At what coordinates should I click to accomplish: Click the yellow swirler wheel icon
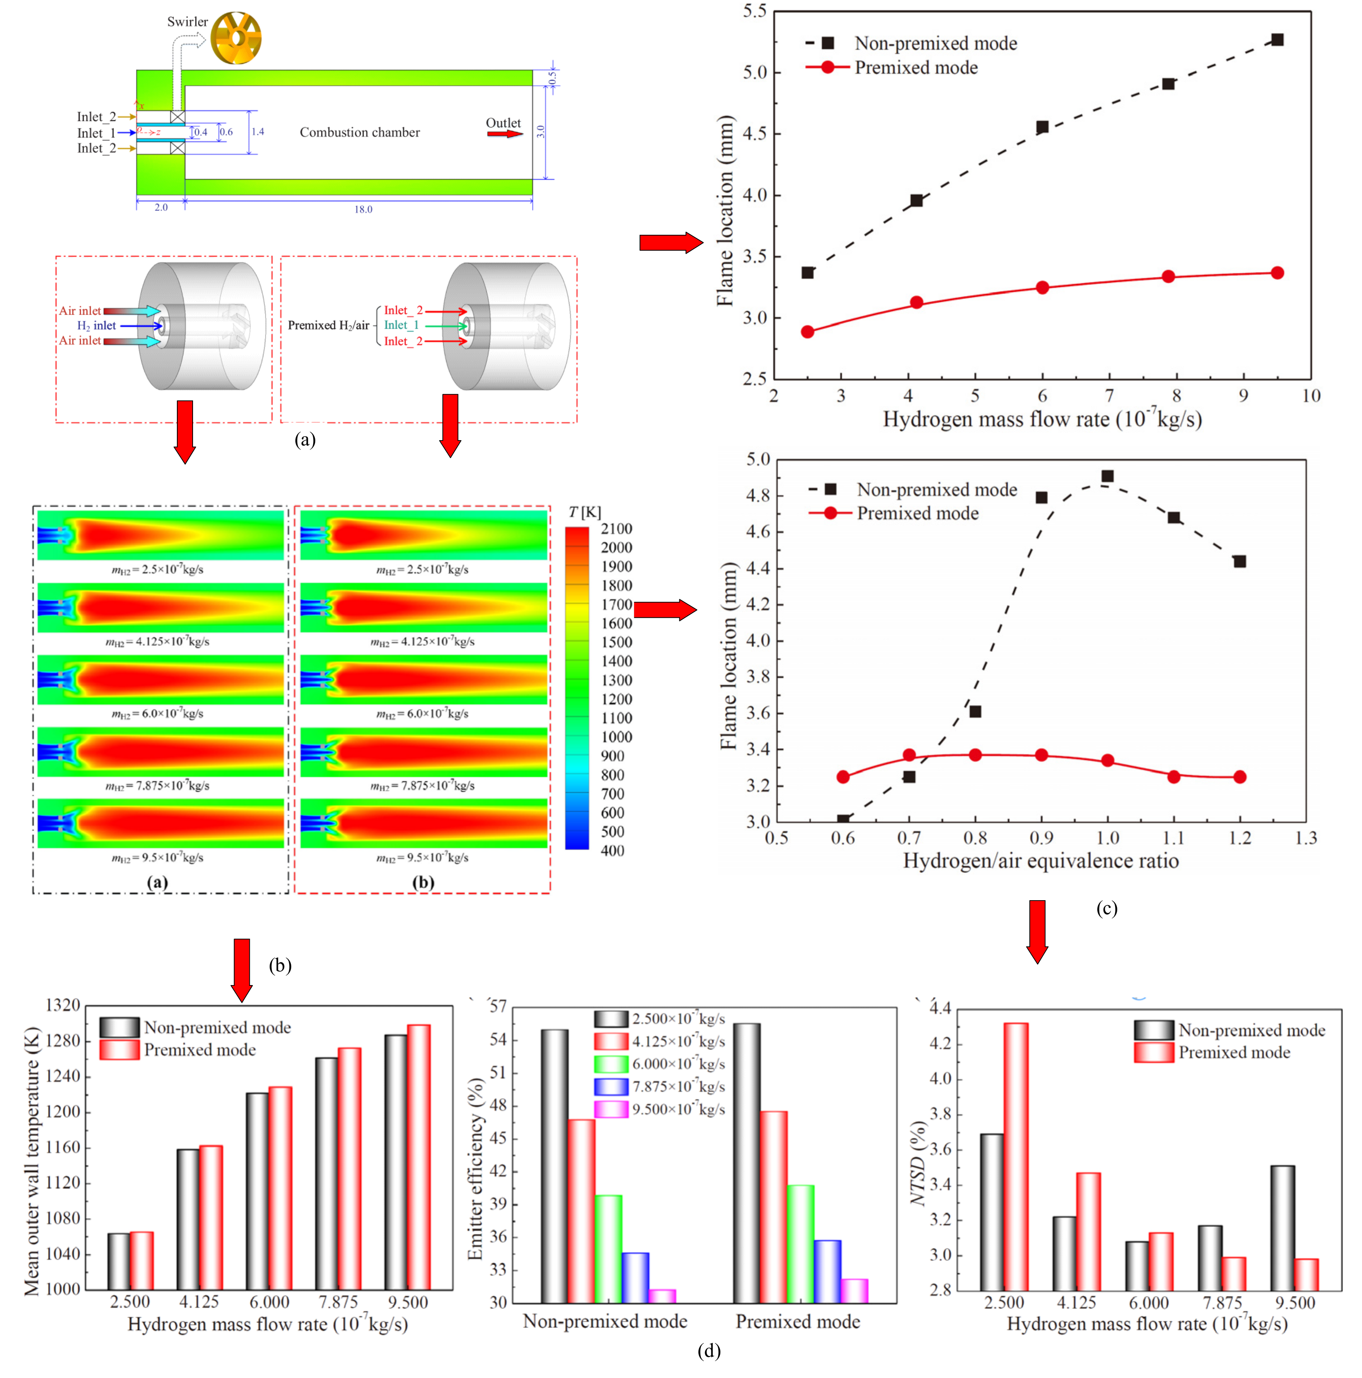tap(235, 37)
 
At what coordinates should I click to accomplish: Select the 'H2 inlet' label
tap(97, 325)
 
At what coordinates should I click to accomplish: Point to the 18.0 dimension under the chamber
tap(363, 209)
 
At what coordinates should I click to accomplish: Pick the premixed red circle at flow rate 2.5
tap(807, 332)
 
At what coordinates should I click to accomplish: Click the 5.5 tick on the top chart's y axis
tap(754, 12)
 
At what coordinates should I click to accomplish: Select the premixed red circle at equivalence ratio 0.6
tap(843, 777)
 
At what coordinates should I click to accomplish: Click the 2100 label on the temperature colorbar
tap(616, 528)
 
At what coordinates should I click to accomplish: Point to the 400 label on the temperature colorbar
tap(612, 850)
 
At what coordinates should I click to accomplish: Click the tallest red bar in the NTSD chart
tap(1015, 1156)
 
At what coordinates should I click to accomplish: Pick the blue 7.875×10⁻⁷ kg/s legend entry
tap(660, 1086)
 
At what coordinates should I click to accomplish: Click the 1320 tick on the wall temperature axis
tap(63, 1005)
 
